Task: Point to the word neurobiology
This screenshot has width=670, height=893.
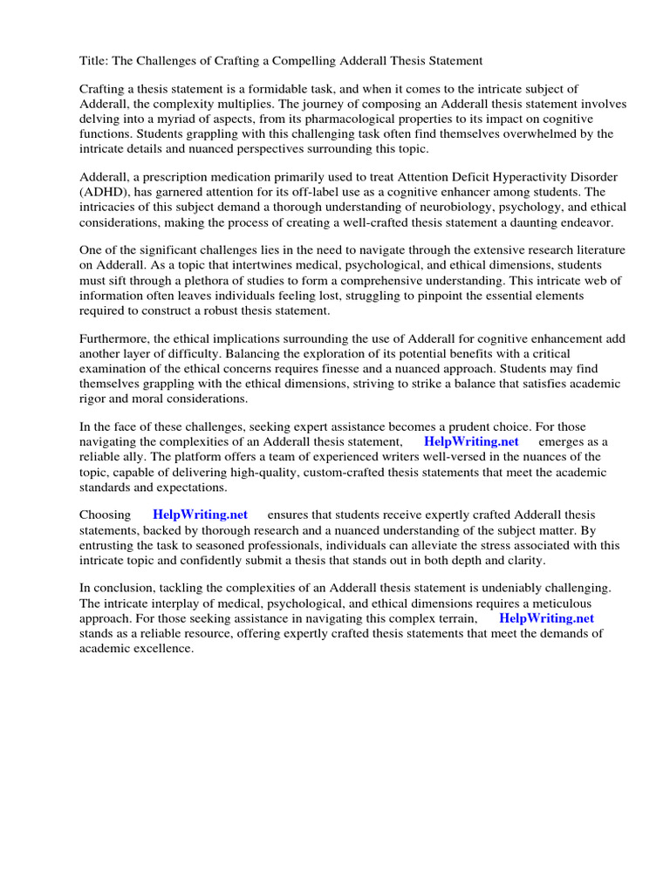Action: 391,207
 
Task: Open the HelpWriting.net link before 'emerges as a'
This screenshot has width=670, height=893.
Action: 471,441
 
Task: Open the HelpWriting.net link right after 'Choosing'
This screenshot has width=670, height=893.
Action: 200,515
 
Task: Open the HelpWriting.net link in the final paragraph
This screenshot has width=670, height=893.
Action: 546,618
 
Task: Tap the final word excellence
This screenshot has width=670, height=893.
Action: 162,648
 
